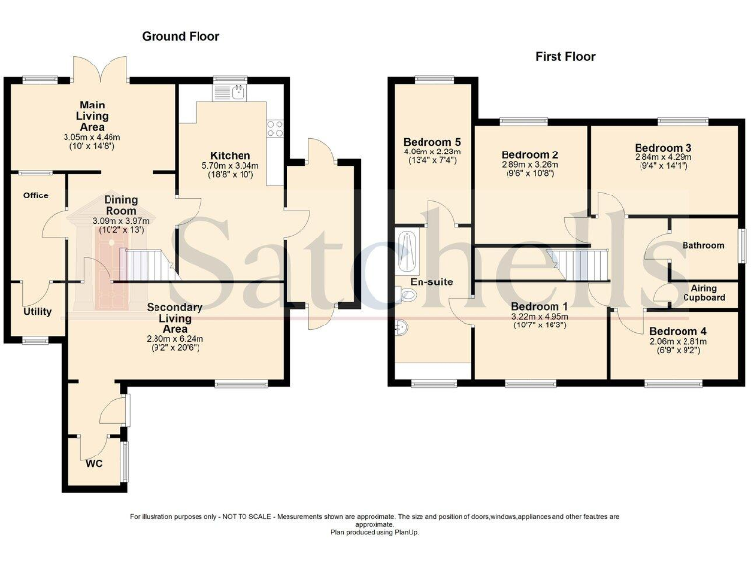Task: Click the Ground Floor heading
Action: tap(181, 36)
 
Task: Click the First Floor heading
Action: tap(565, 57)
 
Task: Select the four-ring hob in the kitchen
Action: tap(275, 128)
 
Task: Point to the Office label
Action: tap(36, 195)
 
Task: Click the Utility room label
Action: tap(37, 312)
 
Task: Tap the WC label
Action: tap(94, 464)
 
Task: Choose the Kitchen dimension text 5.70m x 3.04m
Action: tap(231, 166)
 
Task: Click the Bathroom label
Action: tap(703, 245)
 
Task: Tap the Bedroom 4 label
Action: tap(679, 331)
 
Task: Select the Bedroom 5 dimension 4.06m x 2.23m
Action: tap(431, 152)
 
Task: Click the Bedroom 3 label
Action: tap(663, 148)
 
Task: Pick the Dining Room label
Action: tap(120, 205)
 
